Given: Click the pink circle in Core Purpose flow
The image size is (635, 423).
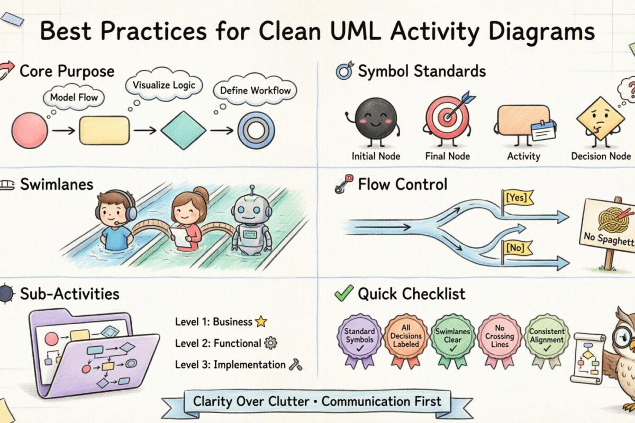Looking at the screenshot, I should (x=30, y=130).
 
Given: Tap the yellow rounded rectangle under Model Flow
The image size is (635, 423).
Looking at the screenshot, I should (x=104, y=130).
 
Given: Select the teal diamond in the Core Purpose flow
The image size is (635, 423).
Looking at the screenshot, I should (x=183, y=130).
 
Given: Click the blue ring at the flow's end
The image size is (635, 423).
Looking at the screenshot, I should (x=256, y=130).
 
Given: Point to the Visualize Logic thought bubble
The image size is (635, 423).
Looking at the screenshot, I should (x=164, y=85).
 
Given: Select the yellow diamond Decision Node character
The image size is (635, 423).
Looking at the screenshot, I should (x=600, y=118).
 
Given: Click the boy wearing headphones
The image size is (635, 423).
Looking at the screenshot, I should (x=115, y=219).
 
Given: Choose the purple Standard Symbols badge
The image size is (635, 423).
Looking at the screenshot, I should (x=359, y=335).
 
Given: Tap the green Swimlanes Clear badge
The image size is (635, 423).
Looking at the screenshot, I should (x=452, y=335).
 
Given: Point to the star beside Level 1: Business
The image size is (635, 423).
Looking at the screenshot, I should (x=260, y=321).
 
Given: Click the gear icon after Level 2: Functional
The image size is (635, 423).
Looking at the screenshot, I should (x=270, y=343).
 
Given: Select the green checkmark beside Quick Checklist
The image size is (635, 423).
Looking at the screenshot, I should (x=344, y=293).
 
